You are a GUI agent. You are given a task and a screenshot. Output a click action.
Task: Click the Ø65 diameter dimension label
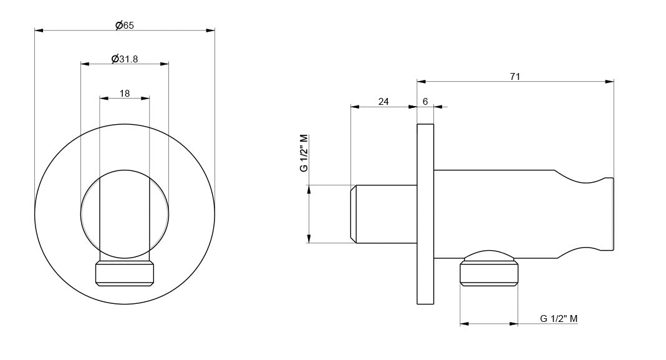(x=125, y=26)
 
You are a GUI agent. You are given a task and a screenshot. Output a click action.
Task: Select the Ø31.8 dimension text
(x=125, y=59)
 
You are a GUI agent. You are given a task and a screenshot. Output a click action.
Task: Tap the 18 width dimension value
(x=125, y=94)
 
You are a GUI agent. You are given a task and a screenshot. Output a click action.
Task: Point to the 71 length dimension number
(x=515, y=77)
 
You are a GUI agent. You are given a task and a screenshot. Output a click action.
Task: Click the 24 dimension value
(x=383, y=102)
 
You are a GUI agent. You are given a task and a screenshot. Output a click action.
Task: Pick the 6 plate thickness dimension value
(x=425, y=102)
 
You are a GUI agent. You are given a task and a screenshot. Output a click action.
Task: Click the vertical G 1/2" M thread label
(x=304, y=153)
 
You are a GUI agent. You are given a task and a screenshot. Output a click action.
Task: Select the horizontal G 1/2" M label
(x=559, y=318)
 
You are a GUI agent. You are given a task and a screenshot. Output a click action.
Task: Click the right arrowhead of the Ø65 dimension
(x=210, y=30)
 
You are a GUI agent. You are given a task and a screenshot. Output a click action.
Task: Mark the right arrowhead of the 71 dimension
(x=609, y=81)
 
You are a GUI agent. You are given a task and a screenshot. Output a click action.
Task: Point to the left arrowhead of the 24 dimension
(x=355, y=107)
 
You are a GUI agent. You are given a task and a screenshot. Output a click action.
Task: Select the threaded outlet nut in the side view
(x=489, y=273)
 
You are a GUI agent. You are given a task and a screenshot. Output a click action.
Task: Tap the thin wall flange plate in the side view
(x=425, y=214)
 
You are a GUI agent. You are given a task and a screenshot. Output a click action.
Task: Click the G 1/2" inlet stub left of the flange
(x=384, y=214)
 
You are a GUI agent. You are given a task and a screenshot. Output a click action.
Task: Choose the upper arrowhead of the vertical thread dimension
(x=309, y=190)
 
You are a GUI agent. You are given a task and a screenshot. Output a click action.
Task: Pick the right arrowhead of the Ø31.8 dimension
(x=165, y=64)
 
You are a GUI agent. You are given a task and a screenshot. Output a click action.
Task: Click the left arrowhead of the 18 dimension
(x=104, y=98)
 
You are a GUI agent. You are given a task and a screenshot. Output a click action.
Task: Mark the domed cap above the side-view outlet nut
(x=489, y=255)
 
